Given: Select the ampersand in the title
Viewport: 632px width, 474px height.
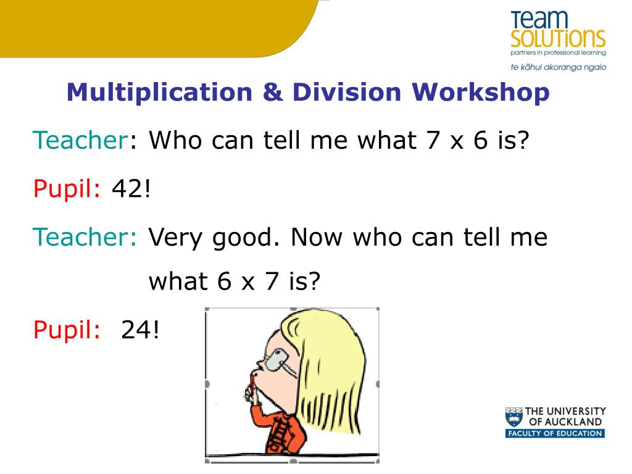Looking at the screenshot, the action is [x=273, y=93].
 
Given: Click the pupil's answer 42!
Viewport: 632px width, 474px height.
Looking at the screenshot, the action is [x=131, y=188].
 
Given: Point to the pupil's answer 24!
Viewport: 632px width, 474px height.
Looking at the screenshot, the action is [x=140, y=330].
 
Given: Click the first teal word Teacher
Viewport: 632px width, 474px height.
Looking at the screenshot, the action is [x=81, y=140].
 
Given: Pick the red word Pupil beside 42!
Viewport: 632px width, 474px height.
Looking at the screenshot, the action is [x=67, y=189].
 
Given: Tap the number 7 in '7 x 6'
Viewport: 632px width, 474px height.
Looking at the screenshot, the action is [x=433, y=140].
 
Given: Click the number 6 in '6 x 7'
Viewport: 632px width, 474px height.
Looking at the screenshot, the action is [x=224, y=281].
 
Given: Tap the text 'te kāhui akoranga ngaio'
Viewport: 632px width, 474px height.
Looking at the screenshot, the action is [x=558, y=67].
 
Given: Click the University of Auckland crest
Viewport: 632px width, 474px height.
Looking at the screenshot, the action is [x=514, y=417].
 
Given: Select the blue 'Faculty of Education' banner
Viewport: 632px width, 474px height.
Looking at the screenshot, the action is [x=555, y=434].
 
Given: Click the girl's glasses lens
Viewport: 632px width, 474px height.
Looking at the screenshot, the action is [x=276, y=360].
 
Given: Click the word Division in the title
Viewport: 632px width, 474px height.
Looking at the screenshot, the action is [x=347, y=93].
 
